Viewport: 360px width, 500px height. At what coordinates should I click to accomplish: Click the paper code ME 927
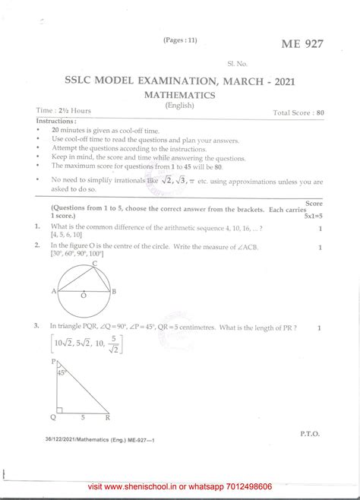[302, 45]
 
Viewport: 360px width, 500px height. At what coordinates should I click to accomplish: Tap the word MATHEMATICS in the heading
[180, 95]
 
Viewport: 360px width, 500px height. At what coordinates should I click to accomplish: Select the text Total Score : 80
[298, 112]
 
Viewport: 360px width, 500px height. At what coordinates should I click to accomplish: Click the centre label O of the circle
[83, 295]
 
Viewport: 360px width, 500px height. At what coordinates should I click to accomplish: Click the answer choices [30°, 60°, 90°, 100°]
[84, 255]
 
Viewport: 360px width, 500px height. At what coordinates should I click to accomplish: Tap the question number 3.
[36, 327]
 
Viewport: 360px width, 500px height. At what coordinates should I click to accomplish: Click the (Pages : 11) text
[180, 40]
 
